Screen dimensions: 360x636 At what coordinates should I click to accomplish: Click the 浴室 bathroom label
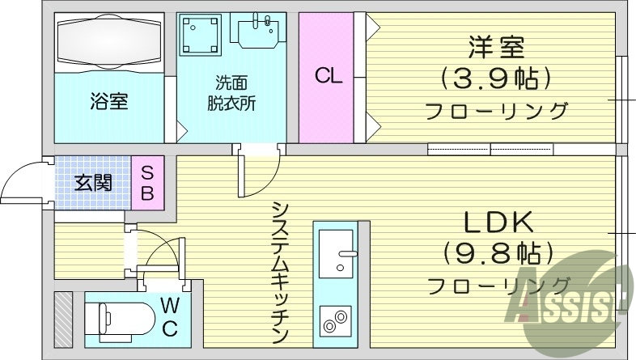(x=109, y=104)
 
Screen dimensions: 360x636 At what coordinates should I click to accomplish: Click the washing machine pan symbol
(x=200, y=35)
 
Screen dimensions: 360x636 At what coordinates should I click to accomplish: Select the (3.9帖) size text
(x=494, y=78)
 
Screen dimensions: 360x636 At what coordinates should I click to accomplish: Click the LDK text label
(x=497, y=222)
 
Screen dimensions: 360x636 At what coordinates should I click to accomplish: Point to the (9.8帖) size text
(x=497, y=252)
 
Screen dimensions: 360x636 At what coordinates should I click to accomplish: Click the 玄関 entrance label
(x=93, y=183)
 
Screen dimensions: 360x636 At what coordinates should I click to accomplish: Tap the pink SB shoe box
(x=148, y=183)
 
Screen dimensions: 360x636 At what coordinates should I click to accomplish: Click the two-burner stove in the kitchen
(x=334, y=321)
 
